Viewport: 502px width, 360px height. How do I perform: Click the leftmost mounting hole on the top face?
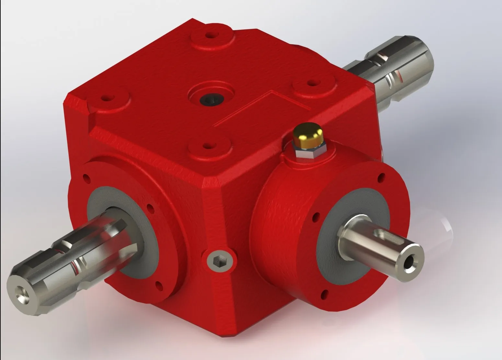[x=105, y=97]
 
